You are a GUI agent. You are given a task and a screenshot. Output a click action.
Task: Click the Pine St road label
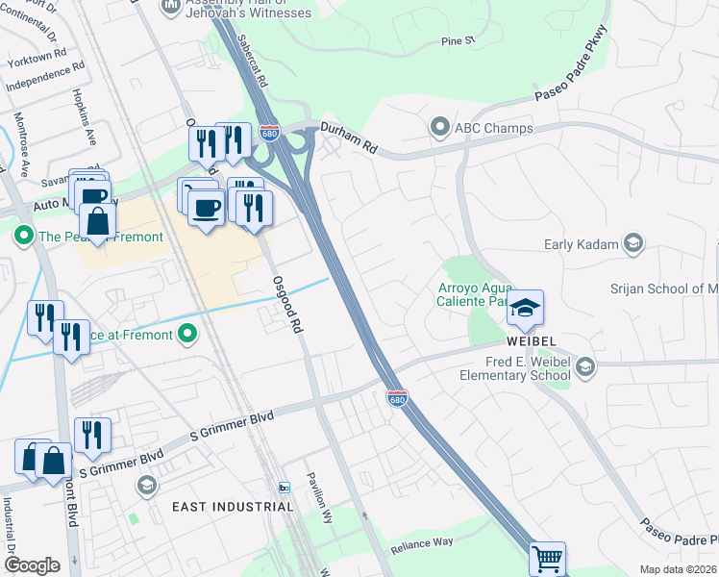458,41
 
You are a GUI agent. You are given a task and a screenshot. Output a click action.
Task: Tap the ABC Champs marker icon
440,127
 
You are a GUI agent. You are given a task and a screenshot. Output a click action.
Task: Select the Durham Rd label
349,140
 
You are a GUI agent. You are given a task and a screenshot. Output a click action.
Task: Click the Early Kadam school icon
632,243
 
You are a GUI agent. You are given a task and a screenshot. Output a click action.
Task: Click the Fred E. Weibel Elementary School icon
584,366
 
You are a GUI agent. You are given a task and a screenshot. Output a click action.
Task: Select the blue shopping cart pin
547,559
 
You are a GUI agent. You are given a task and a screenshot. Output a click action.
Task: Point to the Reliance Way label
421,543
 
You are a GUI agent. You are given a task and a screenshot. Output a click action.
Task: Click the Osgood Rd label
285,300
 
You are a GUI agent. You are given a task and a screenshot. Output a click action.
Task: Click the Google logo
32,565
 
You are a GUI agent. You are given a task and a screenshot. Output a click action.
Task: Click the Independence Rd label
44,78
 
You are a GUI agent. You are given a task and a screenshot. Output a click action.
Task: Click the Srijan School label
663,288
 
